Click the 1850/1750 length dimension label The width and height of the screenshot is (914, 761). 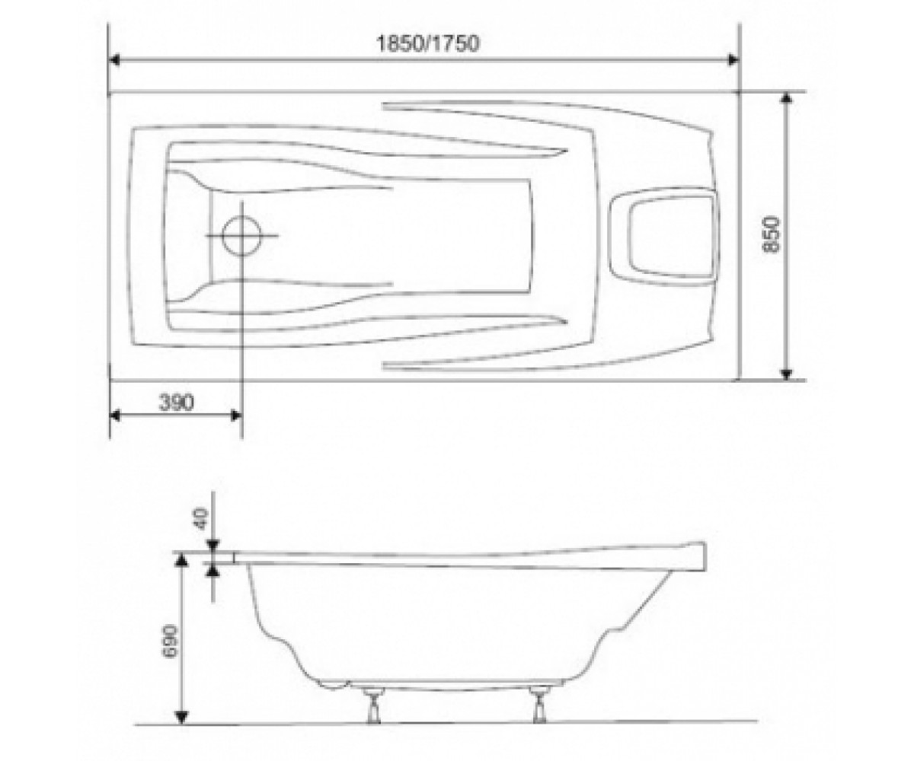[427, 43]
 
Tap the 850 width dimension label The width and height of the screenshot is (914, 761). [771, 234]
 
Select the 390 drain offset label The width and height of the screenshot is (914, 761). [176, 402]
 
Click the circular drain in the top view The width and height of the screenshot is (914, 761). [241, 236]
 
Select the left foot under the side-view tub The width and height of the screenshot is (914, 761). [373, 708]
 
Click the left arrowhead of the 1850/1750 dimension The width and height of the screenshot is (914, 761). [113, 60]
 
